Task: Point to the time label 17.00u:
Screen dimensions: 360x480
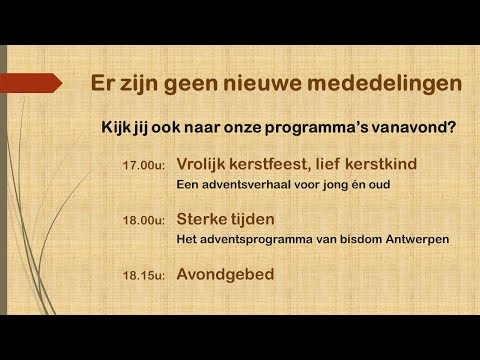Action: click(x=144, y=165)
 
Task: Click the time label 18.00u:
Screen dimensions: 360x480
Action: click(x=144, y=220)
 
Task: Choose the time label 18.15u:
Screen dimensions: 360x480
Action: click(x=144, y=274)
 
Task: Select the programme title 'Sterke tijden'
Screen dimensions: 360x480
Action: click(x=225, y=218)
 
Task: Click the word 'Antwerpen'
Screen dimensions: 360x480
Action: click(x=412, y=239)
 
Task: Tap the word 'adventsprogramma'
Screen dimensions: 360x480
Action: click(x=256, y=239)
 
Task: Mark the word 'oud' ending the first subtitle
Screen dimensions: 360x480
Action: click(x=378, y=185)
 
